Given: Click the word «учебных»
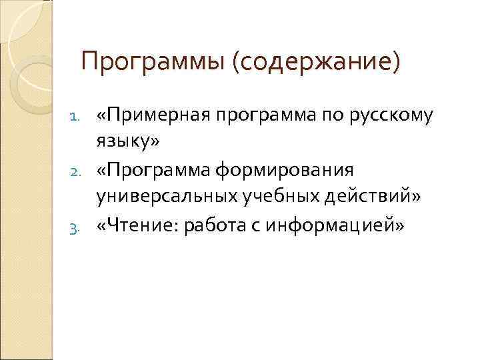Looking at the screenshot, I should pyautogui.click(x=254, y=197).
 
